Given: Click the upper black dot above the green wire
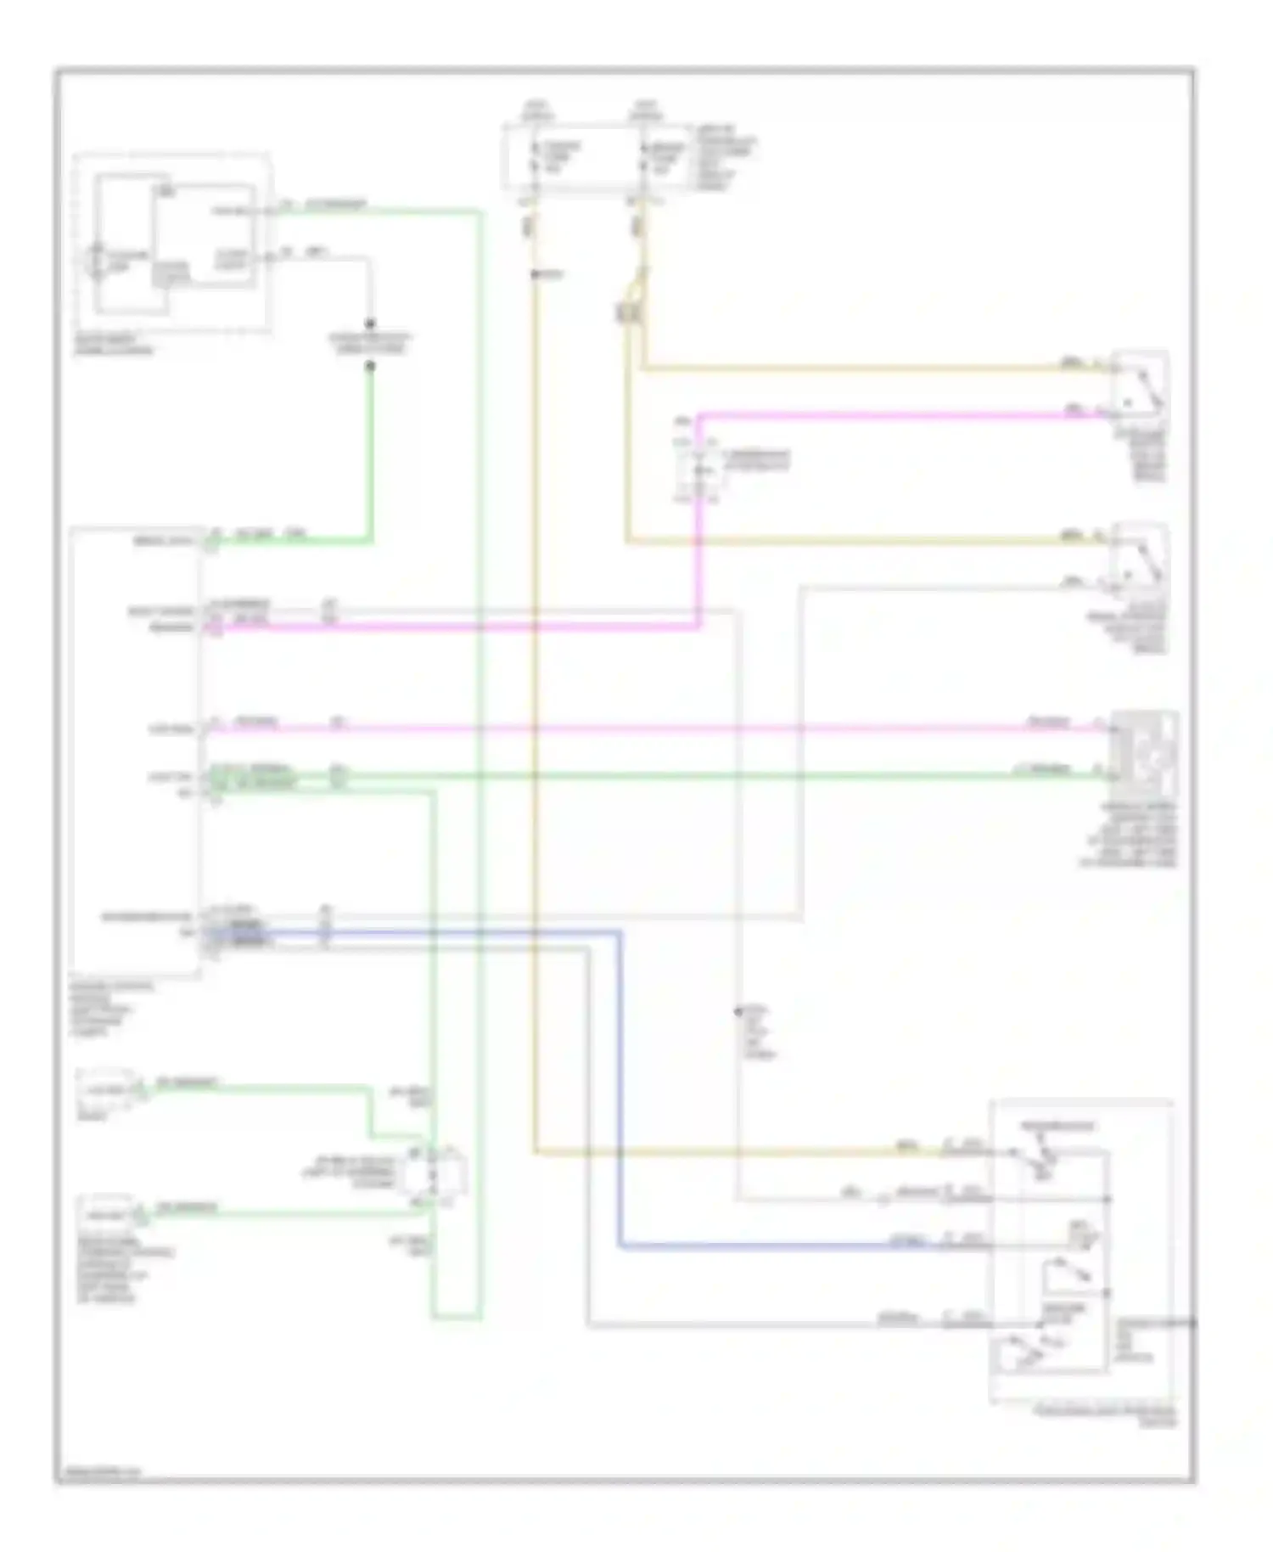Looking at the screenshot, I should click(370, 323).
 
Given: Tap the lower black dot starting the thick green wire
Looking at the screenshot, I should click(370, 367).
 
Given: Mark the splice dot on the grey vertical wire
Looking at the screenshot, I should click(737, 1010).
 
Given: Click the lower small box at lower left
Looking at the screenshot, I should click(106, 1212).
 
